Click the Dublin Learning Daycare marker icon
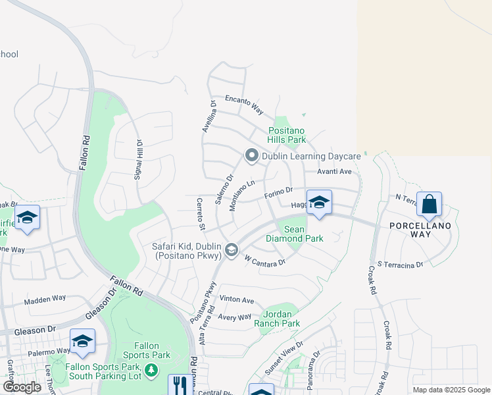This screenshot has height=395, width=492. pyautogui.click(x=251, y=156)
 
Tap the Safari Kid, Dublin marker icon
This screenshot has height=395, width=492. pyautogui.click(x=231, y=250)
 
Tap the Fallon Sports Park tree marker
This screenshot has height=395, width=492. pyautogui.click(x=151, y=370)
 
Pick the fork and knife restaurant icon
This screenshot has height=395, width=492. pyautogui.click(x=178, y=384)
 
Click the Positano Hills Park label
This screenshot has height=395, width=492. pyautogui.click(x=287, y=135)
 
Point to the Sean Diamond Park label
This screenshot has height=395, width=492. pyautogui.click(x=295, y=234)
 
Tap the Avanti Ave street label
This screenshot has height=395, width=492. pyautogui.click(x=335, y=171)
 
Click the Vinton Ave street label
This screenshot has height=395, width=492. pyautogui.click(x=237, y=300)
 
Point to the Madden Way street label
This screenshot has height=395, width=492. pyautogui.click(x=45, y=298)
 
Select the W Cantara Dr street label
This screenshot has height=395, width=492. pyautogui.click(x=264, y=261)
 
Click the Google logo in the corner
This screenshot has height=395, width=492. pyautogui.click(x=22, y=387)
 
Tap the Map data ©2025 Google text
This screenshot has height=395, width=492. pyautogui.click(x=451, y=390)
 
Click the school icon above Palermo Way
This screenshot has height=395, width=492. pyautogui.click(x=83, y=341)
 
